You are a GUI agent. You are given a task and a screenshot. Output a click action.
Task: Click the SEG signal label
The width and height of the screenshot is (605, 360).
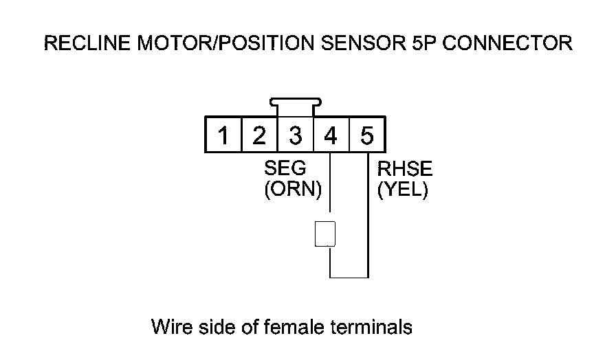click(x=285, y=169)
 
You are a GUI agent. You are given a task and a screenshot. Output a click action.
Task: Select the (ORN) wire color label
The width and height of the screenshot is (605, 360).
click(x=293, y=189)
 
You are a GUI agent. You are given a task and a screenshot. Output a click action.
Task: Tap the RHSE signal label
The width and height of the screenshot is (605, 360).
click(x=405, y=169)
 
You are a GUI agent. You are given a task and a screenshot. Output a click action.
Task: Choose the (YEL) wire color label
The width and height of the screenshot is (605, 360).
click(x=403, y=189)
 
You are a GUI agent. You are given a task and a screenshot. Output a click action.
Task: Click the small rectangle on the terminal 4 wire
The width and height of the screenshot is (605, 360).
click(x=324, y=234)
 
